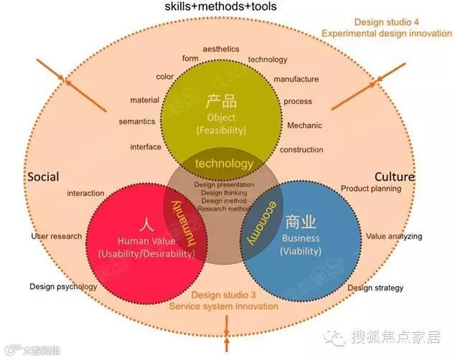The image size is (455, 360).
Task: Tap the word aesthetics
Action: (220, 49)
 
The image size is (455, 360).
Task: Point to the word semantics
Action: (136, 122)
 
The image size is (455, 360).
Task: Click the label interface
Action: (146, 147)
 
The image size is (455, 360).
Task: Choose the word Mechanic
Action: (304, 125)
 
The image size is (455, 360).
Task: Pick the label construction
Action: (301, 150)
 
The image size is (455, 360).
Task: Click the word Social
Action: (43, 177)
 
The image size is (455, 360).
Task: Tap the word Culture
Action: (395, 177)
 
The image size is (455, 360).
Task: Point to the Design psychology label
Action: (63, 287)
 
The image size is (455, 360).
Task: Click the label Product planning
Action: (371, 189)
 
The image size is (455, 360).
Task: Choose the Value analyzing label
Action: (394, 236)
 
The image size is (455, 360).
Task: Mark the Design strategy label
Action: (375, 288)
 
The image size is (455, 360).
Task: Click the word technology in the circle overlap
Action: (224, 164)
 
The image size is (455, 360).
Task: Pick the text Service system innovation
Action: (223, 306)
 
